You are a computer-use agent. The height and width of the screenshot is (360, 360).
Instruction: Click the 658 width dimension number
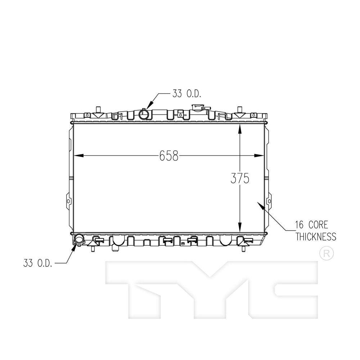pos(169,156)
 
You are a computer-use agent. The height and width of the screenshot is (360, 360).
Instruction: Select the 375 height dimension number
pos(240,179)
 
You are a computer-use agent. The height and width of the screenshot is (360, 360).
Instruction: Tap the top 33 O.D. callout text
pos(186,94)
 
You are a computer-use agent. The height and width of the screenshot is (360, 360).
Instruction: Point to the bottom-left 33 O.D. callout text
pos(38,263)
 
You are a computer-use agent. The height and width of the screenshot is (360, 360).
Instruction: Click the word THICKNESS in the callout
pos(316,237)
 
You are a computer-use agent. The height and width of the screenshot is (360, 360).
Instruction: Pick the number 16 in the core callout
pos(300,225)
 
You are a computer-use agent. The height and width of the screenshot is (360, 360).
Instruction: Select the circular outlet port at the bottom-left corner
pos(79,239)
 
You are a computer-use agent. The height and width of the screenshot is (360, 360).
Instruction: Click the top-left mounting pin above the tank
pos(98,109)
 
